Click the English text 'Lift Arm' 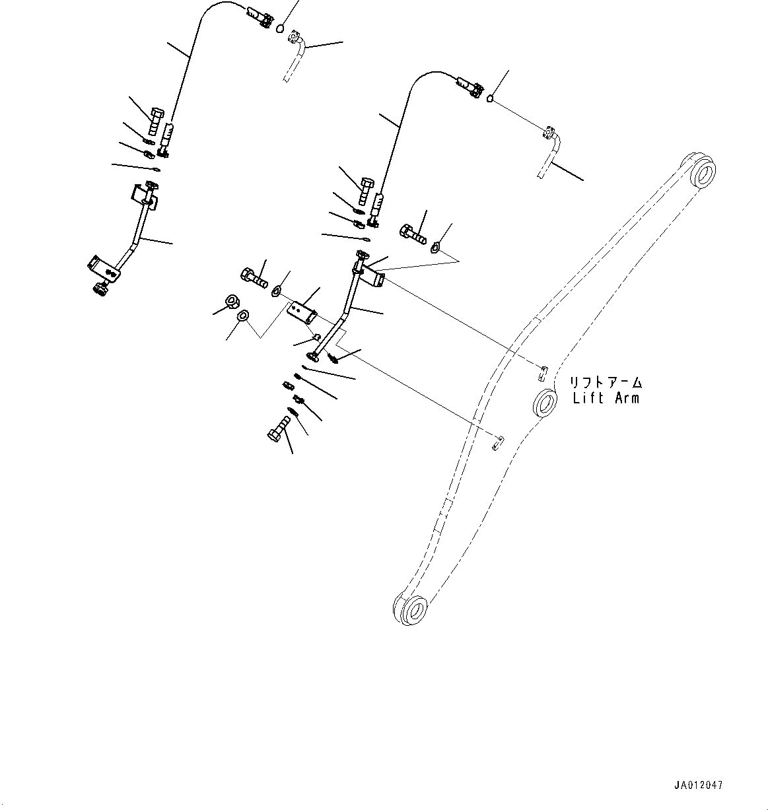click(606, 398)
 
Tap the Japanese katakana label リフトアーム click(606, 383)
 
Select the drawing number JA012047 click(698, 786)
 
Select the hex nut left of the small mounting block click(232, 302)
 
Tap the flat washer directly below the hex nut click(242, 316)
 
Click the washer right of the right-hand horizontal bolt click(436, 248)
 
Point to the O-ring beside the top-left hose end click(280, 29)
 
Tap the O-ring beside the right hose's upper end click(491, 99)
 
